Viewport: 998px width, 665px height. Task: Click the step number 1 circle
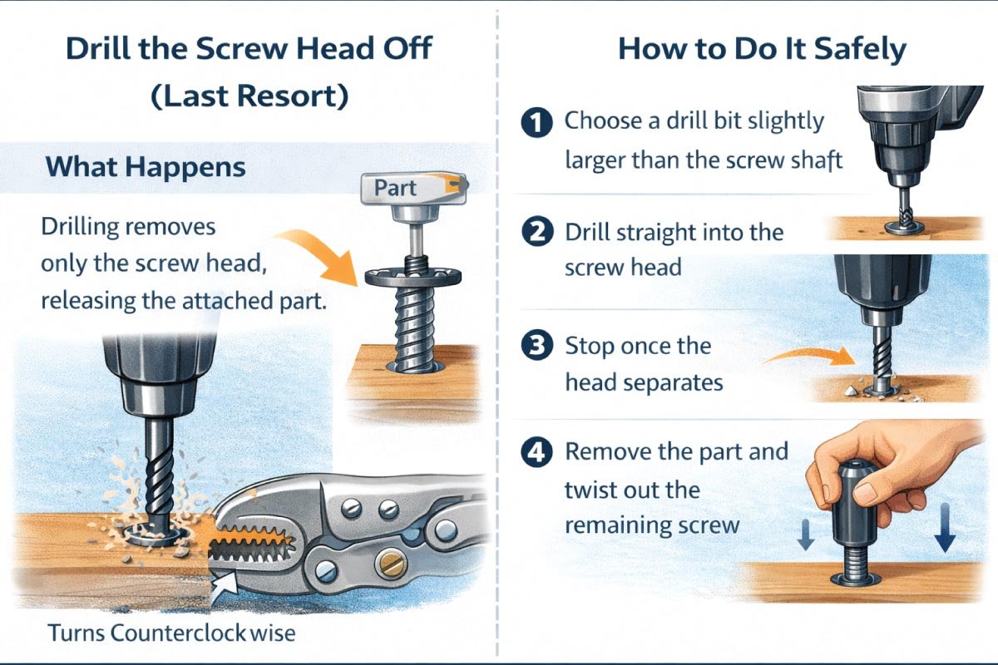[x=536, y=123]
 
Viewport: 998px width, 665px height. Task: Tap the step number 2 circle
[x=536, y=233]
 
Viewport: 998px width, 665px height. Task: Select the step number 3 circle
[x=536, y=346]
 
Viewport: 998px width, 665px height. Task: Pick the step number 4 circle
[x=536, y=454]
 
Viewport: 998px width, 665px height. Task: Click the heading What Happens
[x=146, y=167]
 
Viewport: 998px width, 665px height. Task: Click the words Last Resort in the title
[x=249, y=96]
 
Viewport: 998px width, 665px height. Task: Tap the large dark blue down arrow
[x=944, y=537]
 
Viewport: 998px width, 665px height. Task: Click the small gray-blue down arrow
[x=805, y=539]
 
